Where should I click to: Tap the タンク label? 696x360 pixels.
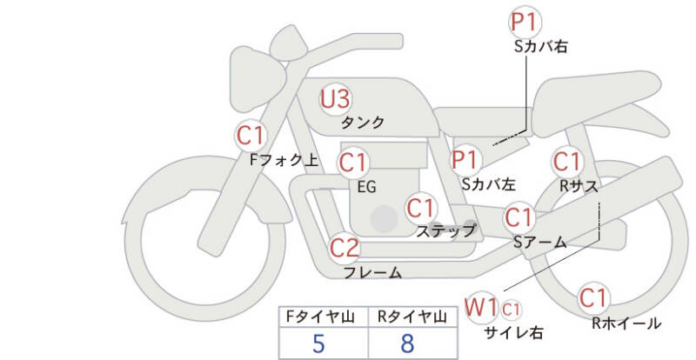363,123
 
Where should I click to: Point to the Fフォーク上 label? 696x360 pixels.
283,160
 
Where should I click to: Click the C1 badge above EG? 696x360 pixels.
354,163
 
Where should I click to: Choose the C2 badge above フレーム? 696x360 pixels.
345,248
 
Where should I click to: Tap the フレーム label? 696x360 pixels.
372,273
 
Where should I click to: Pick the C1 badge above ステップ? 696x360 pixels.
421,208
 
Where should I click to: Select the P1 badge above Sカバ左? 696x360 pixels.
465,159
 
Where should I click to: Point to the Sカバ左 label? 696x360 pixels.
488,184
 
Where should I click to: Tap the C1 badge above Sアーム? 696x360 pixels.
520,217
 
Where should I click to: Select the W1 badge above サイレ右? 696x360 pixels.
481,306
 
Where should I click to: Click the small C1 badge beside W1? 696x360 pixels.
511,307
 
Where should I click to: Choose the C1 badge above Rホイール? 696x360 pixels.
593,297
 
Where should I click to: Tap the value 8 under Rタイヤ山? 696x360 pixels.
407,343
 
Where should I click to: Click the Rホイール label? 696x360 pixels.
626,323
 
